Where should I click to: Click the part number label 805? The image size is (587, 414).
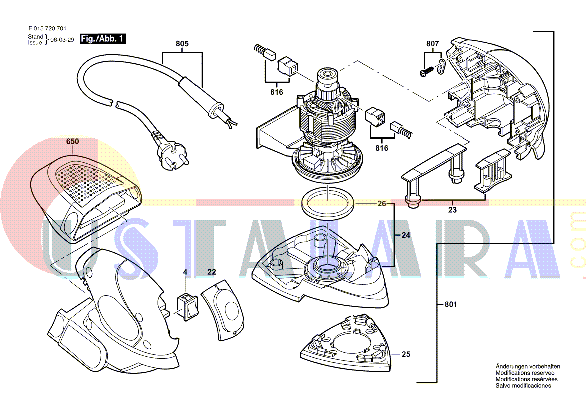point(182,44)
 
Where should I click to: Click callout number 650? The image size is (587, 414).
point(72,142)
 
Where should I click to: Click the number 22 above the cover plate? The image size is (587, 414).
point(212,272)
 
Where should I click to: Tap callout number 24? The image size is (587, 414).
point(406,235)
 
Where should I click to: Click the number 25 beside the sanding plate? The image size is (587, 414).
point(406,354)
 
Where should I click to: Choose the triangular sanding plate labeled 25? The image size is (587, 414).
point(347,344)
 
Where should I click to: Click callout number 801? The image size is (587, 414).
point(451,304)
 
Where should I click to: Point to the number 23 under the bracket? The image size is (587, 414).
point(452,210)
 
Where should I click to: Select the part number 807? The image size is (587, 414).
point(432,44)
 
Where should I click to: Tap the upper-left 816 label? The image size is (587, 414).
point(276,92)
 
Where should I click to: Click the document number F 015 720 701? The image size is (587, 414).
point(47,29)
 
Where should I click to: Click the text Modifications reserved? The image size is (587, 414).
point(525,373)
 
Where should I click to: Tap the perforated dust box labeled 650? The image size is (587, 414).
point(83,196)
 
